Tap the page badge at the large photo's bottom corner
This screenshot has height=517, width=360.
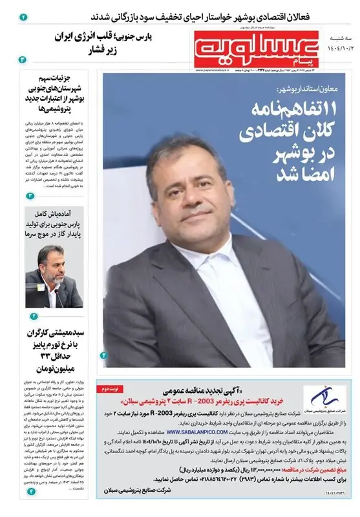[x=104, y=355]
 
